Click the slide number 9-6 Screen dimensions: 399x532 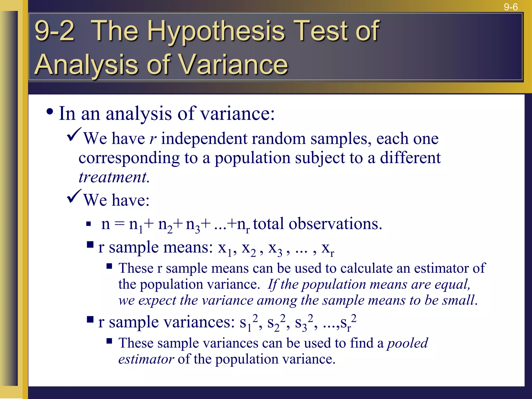coord(511,7)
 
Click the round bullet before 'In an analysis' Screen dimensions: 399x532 coord(50,112)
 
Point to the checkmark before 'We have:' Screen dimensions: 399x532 coord(74,196)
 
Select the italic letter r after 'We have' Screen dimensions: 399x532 coord(153,139)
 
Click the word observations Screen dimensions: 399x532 coord(335,224)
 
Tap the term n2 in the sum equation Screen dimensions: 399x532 coord(165,225)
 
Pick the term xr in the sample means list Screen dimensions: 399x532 coord(328,249)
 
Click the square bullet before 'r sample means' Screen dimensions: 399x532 coord(90,245)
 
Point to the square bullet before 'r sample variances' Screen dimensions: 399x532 coord(90,319)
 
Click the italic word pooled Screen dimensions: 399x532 coord(407,343)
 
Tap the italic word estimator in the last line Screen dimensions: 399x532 coord(146,359)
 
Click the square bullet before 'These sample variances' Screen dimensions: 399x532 coord(109,341)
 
